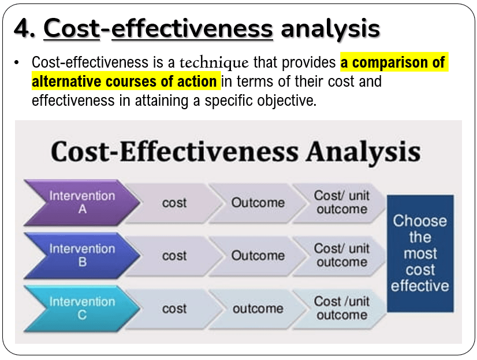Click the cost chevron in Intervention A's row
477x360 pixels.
pyautogui.click(x=174, y=203)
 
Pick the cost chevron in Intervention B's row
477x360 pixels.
pyautogui.click(x=174, y=256)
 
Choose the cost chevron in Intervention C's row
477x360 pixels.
pyautogui.click(x=174, y=309)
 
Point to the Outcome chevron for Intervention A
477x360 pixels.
pyautogui.click(x=258, y=203)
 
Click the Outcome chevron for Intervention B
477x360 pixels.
pyautogui.click(x=258, y=256)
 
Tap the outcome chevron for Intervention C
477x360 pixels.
pyautogui.click(x=258, y=309)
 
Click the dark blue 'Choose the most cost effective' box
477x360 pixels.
pyautogui.click(x=420, y=254)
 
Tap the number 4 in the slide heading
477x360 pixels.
pyautogui.click(x=21, y=29)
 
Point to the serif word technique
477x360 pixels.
pyautogui.click(x=214, y=63)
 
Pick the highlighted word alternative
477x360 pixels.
pyautogui.click(x=66, y=81)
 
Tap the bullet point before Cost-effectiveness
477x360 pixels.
pyautogui.click(x=16, y=63)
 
